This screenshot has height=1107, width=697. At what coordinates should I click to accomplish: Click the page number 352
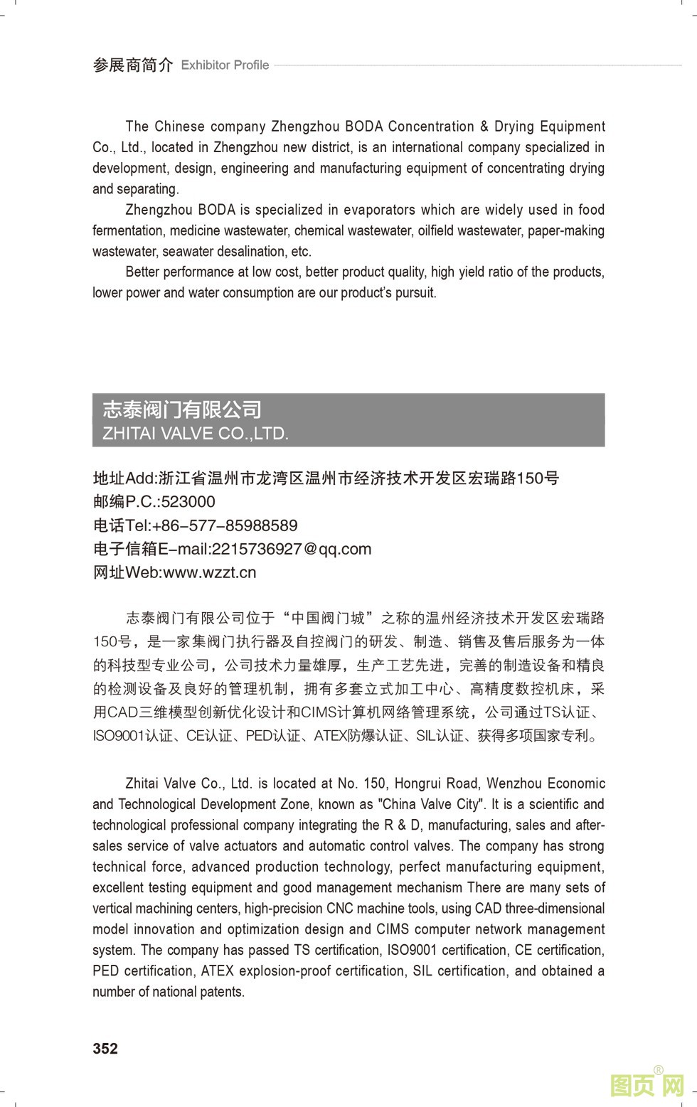[105, 1049]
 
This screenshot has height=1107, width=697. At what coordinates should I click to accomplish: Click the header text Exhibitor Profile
[225, 65]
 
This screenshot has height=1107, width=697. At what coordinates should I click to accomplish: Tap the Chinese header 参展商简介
[133, 65]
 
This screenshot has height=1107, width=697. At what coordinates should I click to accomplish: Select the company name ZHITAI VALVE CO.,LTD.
[196, 434]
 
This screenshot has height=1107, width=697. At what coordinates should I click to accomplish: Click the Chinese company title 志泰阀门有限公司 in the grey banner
[182, 410]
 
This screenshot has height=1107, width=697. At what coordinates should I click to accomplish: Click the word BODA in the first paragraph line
[364, 127]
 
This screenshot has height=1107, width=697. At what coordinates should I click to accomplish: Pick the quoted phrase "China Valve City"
[430, 804]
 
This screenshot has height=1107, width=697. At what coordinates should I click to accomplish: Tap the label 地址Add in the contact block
[124, 478]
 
